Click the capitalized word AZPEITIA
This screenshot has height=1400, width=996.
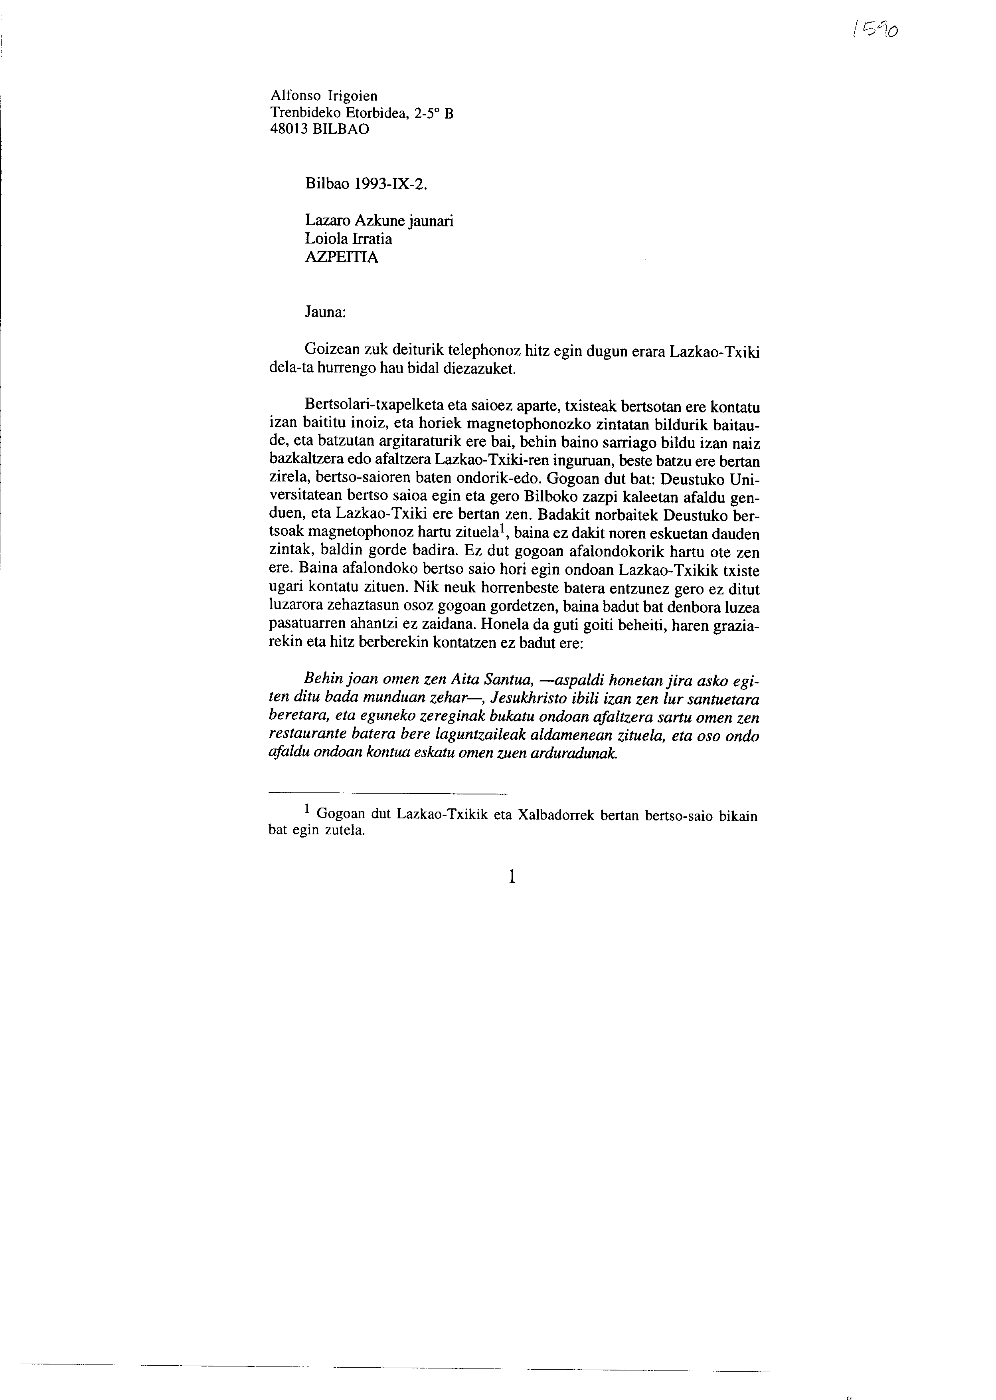[x=342, y=257]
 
